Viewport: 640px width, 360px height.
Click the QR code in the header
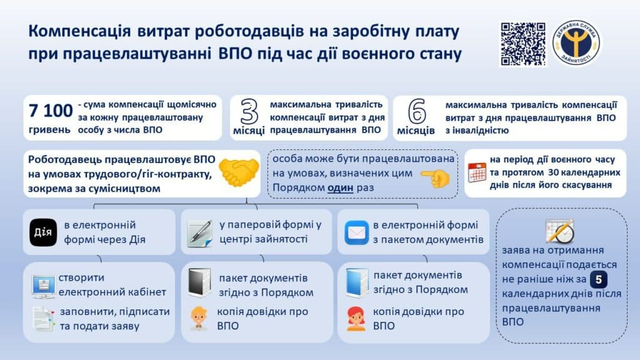pos(522,44)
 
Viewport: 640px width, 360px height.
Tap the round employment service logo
pos(575,43)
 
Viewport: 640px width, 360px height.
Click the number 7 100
pos(50,110)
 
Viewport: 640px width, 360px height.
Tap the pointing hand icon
pos(435,179)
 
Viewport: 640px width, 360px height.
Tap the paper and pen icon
pos(201,232)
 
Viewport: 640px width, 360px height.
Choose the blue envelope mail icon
pos(356,232)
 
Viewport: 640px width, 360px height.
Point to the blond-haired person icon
pos(199,318)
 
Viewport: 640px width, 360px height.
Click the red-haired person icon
pos(356,318)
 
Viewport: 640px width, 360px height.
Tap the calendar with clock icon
pos(559,231)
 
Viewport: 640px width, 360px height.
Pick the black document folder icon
pos(200,283)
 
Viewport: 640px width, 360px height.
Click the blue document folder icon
pos(356,282)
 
